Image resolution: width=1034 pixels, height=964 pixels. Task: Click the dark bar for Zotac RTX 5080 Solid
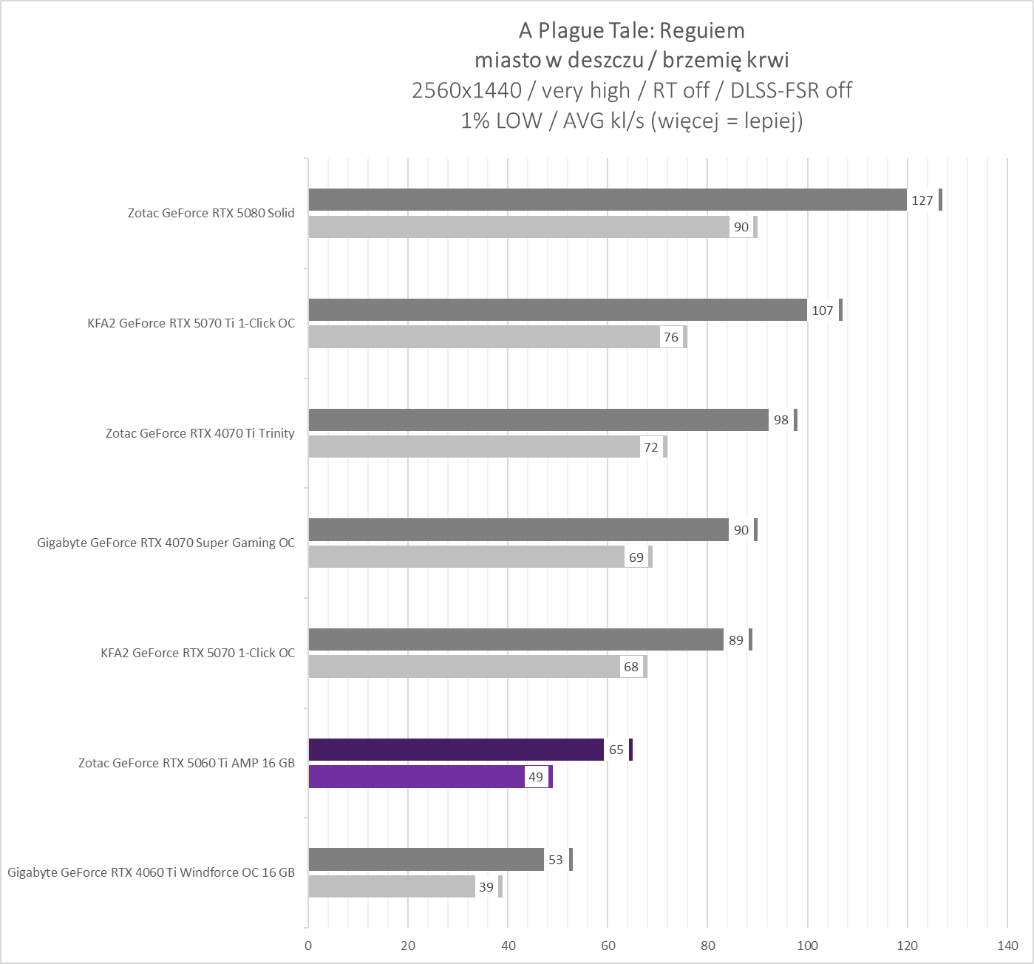[606, 200]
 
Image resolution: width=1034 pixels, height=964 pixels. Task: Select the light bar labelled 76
[484, 337]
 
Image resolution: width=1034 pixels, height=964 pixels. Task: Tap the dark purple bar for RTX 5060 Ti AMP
[455, 750]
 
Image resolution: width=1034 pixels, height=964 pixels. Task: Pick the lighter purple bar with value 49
[416, 777]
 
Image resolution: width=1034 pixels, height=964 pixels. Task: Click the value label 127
[922, 200]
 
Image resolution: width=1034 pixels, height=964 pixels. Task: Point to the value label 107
[823, 310]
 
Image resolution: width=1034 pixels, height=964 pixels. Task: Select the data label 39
[486, 887]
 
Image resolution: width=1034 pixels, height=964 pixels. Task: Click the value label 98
[780, 420]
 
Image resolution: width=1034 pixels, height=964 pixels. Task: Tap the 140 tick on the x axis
[1007, 945]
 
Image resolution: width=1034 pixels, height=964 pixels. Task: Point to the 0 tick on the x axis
[308, 945]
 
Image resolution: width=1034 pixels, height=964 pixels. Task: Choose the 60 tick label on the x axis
[608, 945]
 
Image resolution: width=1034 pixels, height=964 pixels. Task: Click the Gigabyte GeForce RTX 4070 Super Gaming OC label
[166, 543]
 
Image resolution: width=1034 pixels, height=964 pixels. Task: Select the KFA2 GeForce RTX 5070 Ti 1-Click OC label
[191, 323]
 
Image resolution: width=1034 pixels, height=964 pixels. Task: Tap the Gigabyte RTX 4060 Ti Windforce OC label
[151, 872]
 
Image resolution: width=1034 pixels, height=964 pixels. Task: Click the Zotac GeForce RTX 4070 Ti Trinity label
[200, 433]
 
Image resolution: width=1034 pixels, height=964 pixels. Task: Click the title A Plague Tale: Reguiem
[631, 30]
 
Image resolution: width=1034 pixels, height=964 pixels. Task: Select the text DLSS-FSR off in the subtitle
[791, 90]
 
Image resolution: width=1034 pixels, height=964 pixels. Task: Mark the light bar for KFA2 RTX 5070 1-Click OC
[463, 667]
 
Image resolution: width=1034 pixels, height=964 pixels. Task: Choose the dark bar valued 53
[426, 860]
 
